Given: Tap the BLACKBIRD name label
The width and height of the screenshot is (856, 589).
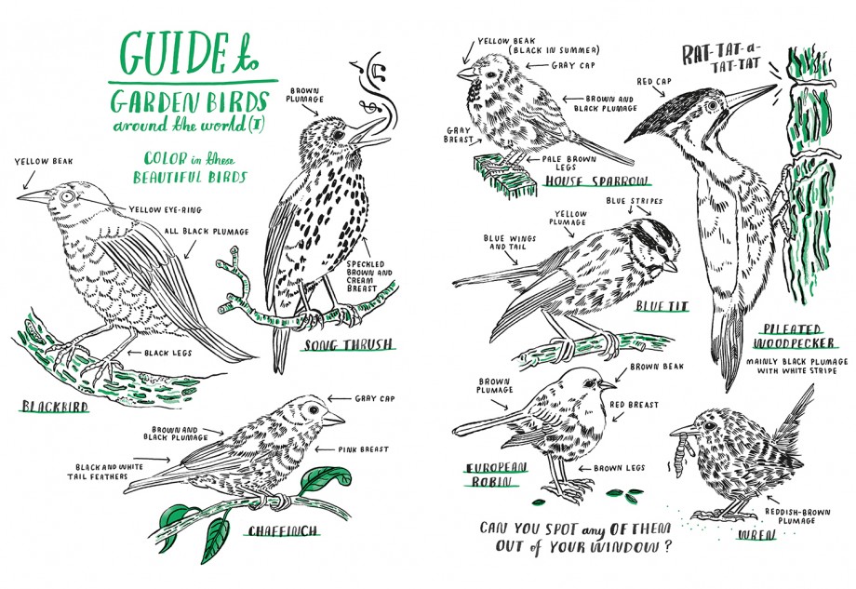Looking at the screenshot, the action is [54, 406].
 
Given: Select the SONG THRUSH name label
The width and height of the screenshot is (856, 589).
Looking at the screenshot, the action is [348, 344].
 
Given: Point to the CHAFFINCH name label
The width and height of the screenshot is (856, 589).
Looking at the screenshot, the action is [282, 530].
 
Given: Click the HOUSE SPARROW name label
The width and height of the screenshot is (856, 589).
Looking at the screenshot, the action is [596, 181].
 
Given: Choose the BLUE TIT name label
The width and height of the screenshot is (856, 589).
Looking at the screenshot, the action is [662, 306].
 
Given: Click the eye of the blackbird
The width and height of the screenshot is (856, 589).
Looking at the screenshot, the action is [68, 197].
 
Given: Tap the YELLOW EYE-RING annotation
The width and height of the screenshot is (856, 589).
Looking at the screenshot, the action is [166, 209].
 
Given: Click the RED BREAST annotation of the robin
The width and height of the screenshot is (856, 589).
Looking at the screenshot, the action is [634, 405].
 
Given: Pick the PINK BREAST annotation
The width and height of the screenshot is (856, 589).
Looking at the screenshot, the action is [363, 449].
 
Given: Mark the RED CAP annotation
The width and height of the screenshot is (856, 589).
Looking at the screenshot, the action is [654, 81].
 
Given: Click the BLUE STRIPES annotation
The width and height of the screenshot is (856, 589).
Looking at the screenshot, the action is [634, 201].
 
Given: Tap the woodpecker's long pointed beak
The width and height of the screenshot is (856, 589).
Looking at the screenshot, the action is [750, 96].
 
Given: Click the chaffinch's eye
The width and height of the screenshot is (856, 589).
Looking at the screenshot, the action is [314, 408].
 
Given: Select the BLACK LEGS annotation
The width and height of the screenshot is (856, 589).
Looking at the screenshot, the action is [167, 353].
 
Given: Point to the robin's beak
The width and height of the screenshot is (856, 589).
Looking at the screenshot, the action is [607, 385].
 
